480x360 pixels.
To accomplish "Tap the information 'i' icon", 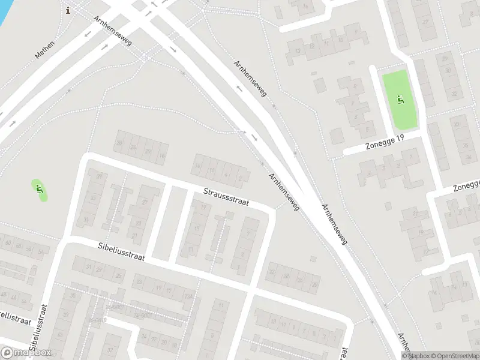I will pos(68,9).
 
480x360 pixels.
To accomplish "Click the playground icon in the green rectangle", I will pos(400,100).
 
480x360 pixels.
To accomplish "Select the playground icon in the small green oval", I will pos(40,190).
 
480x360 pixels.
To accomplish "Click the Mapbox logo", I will pos(26,353).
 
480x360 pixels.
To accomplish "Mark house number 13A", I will pos(188,296).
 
